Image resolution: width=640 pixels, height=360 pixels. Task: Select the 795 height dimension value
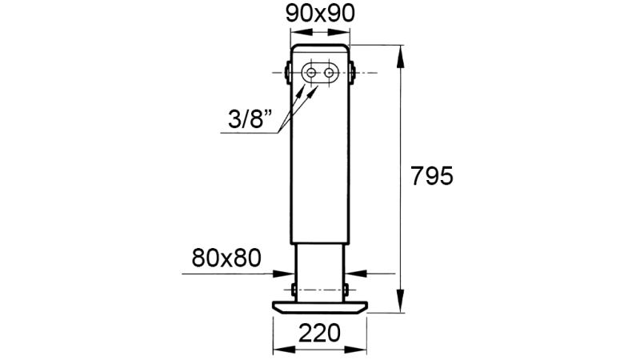coord(432,176)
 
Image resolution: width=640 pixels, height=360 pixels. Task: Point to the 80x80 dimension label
coord(227,257)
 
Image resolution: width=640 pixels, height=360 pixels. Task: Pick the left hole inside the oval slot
coord(310,73)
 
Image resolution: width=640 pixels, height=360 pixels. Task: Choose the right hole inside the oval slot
coord(329,73)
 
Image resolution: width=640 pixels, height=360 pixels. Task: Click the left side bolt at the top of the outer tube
coord(287,73)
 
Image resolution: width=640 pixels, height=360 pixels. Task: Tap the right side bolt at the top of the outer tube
coord(353,73)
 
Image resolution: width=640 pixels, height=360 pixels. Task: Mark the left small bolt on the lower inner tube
coord(294,288)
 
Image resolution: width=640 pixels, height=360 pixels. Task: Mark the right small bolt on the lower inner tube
coord(346,288)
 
